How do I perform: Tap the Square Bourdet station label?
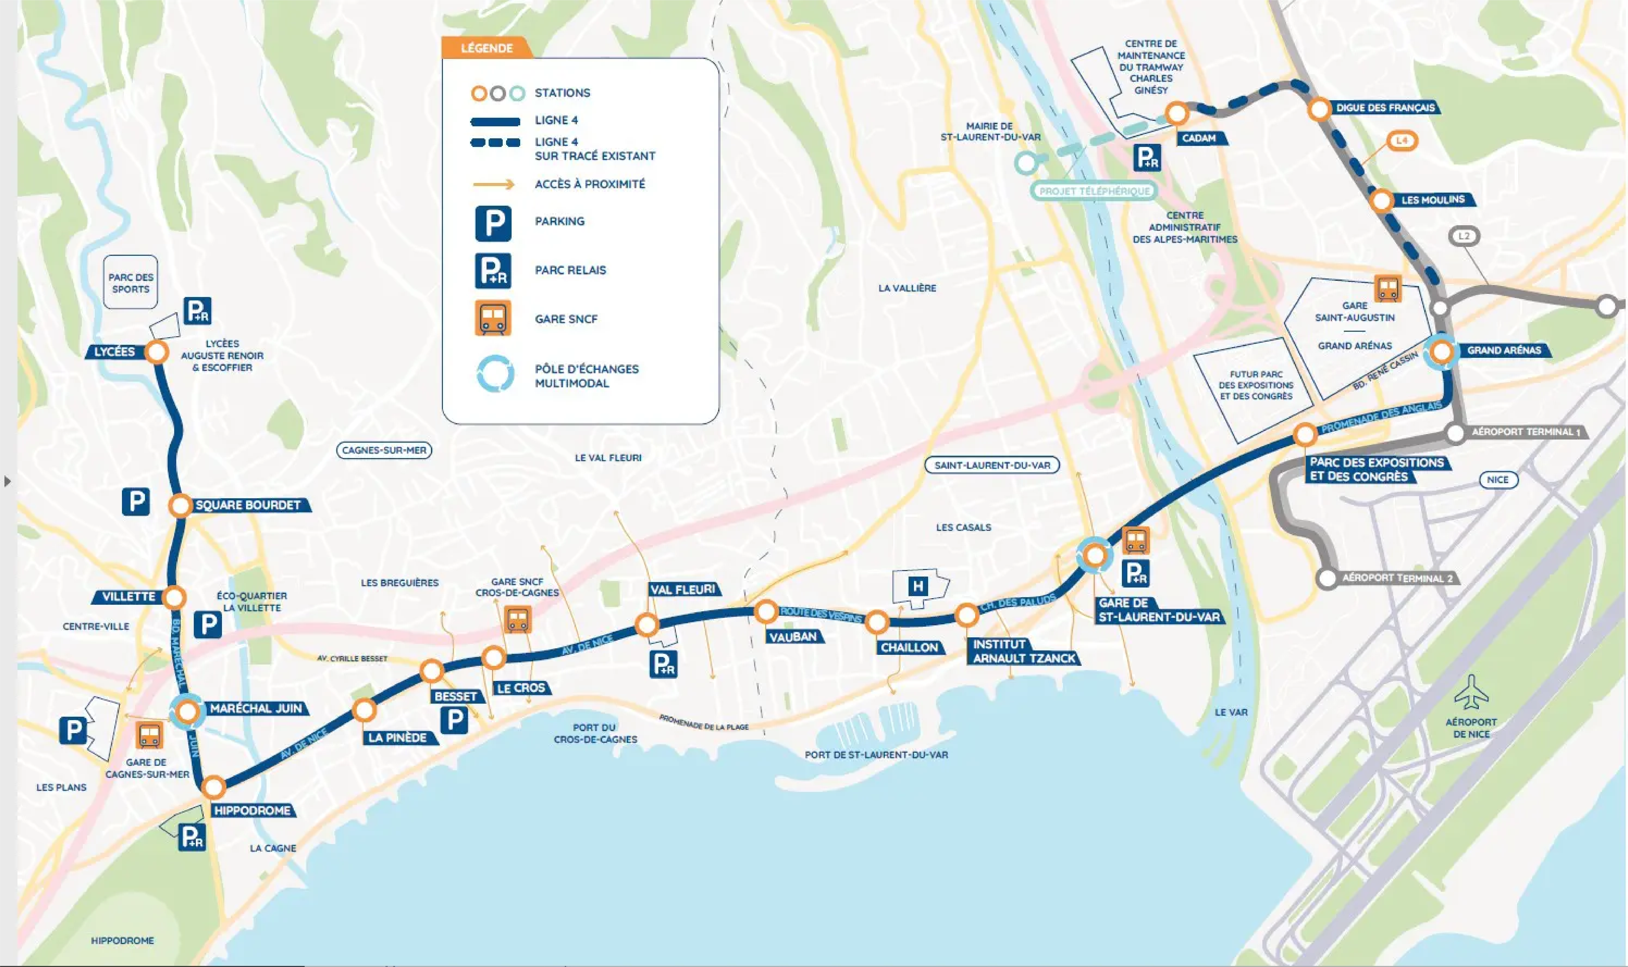tap(248, 505)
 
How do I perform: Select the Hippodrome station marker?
tap(213, 787)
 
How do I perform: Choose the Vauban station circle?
tap(766, 611)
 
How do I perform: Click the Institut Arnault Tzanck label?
tap(1024, 652)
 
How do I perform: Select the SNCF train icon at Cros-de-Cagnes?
tap(518, 620)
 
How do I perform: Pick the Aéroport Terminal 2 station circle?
tap(1327, 578)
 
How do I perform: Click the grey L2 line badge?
tap(1464, 236)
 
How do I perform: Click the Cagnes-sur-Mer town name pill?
tap(384, 450)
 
